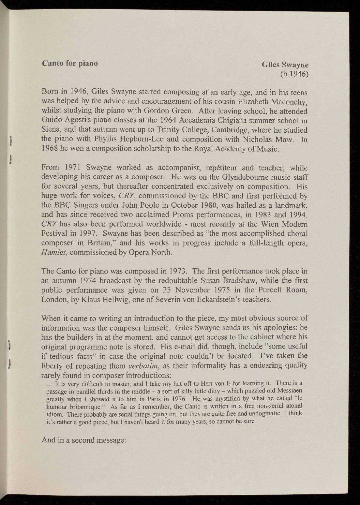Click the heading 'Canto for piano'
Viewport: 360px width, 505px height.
pos(70,63)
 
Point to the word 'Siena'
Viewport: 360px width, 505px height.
pos(51,130)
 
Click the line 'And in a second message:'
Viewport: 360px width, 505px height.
pos(84,440)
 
